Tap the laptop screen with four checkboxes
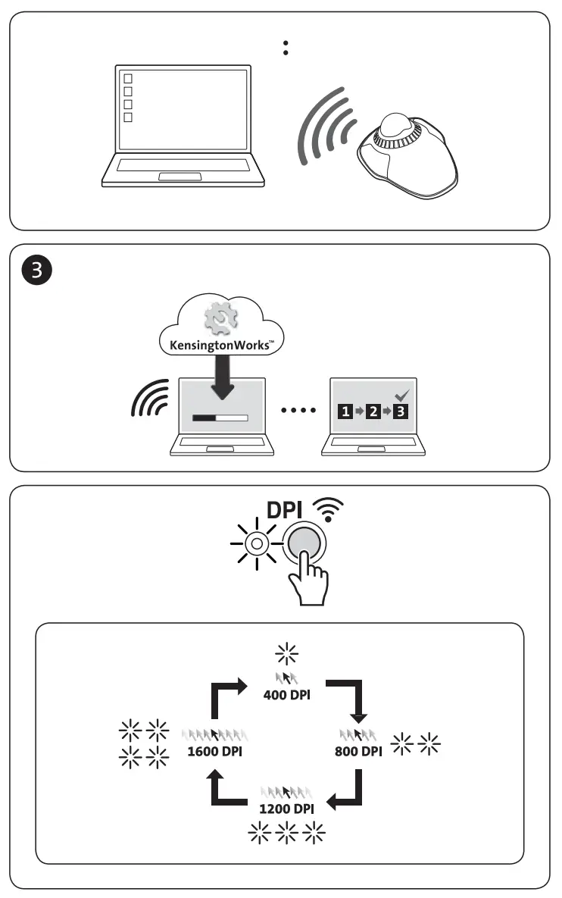click(x=180, y=108)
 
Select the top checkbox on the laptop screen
click(x=128, y=78)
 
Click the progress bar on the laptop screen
click(x=220, y=417)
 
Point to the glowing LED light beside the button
click(x=257, y=543)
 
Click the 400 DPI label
click(x=286, y=694)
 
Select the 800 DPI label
click(x=358, y=752)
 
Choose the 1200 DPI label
click(x=286, y=809)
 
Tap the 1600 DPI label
click(x=214, y=752)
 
